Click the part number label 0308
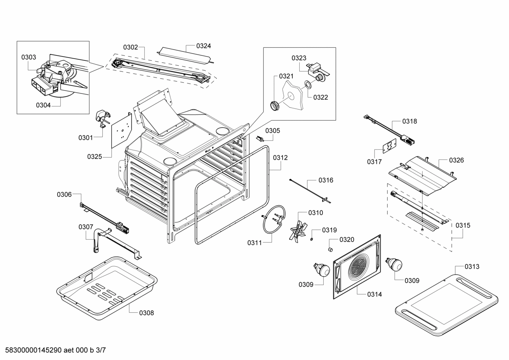click(x=146, y=313)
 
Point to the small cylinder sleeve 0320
click(x=331, y=250)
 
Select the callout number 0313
click(x=472, y=266)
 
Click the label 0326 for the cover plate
click(x=456, y=160)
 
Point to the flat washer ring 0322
click(x=308, y=84)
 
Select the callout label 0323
click(x=299, y=58)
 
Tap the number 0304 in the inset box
click(x=43, y=105)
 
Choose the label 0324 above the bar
click(x=204, y=46)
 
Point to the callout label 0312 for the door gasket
click(x=280, y=158)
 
